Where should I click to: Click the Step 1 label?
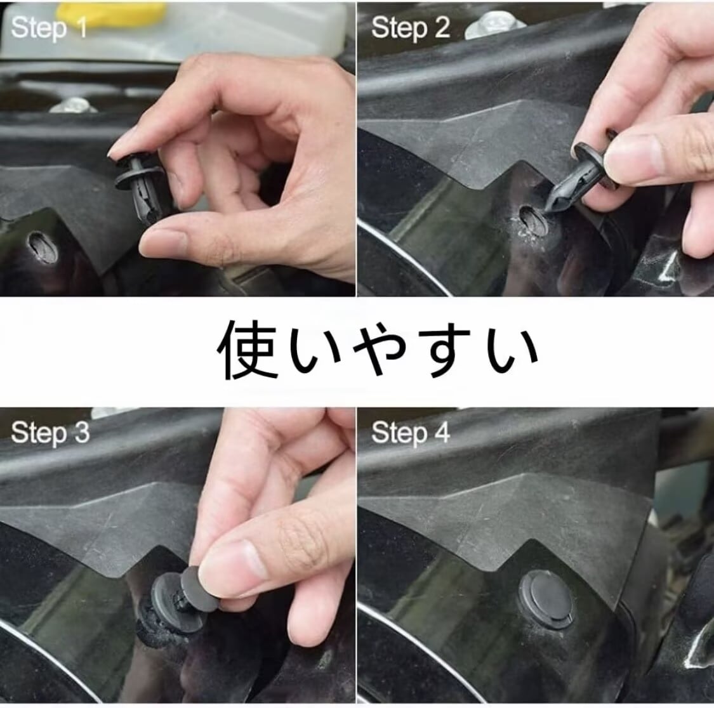pos(49,28)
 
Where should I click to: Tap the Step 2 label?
pos(410,27)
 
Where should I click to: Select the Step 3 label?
pos(50,432)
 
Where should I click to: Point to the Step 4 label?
pos(410,432)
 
